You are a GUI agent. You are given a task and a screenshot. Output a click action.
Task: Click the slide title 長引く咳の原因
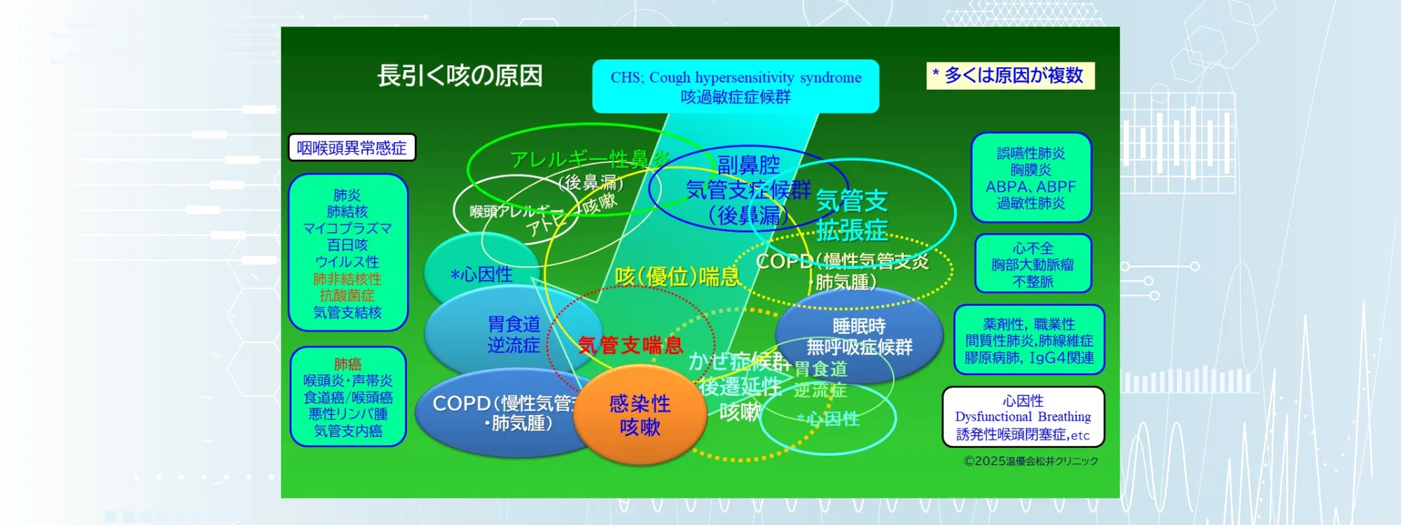coord(460,76)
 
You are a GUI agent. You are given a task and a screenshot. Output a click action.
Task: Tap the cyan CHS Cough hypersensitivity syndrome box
coord(736,86)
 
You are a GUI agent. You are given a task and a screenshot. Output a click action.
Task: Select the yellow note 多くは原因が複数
coord(1010,76)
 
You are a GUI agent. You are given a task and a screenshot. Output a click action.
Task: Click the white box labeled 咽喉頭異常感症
coord(352,148)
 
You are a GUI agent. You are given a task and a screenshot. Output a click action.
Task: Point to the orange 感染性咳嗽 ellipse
coord(640,415)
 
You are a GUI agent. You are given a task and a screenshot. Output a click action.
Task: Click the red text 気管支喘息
coord(630,345)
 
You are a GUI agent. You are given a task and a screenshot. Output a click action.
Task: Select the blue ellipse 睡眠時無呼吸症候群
coord(859,337)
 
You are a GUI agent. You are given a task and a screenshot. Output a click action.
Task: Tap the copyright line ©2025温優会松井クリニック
coord(1030,461)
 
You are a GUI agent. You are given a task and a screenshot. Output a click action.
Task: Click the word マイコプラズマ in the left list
coord(347,228)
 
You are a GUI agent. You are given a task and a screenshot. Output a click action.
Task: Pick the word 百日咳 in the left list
coord(347,245)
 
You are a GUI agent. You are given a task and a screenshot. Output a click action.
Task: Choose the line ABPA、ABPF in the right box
coord(1030,187)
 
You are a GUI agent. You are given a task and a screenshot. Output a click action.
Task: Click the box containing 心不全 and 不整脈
coord(1033,264)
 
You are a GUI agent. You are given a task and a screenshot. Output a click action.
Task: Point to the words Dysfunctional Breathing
coord(1023,417)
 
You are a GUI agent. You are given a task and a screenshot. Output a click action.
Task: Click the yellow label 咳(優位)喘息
coord(677,277)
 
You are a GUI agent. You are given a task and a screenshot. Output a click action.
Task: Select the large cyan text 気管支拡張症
coord(852,216)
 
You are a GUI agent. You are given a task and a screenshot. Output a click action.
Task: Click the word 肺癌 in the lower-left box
coord(347,364)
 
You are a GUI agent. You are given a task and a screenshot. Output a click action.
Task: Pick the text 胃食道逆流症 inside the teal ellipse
coord(513,335)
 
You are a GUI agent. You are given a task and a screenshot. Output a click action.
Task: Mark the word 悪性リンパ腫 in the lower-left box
coord(347,414)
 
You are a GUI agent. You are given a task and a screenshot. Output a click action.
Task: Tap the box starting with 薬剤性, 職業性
coord(1028,340)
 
